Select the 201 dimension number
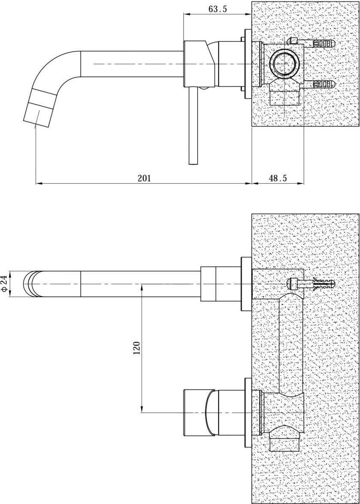[144, 178]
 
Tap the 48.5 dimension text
[278, 178]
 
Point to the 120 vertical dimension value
[137, 348]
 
